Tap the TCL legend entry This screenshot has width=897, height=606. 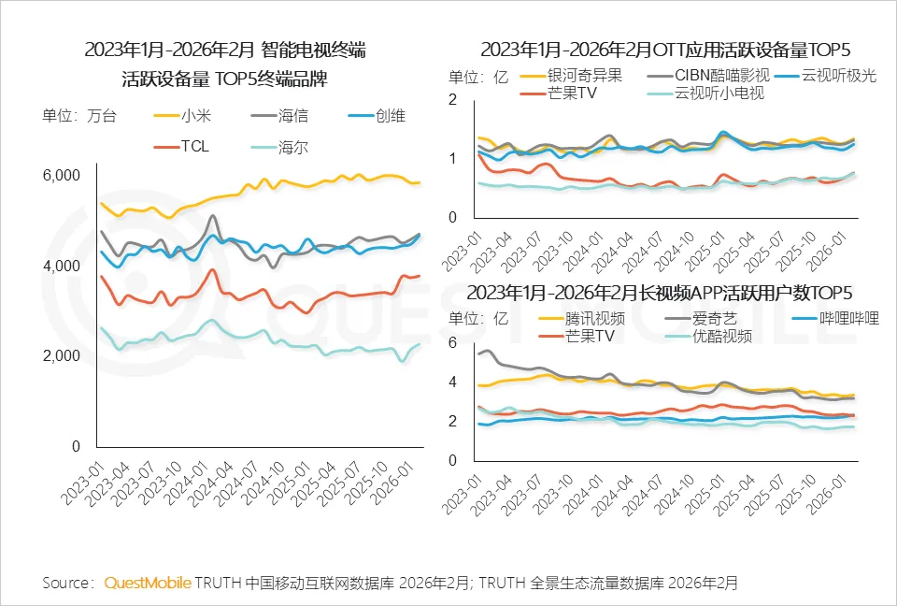193,146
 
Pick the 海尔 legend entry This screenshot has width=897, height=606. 292,146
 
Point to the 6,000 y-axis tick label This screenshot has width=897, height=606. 64,175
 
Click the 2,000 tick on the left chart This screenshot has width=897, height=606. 64,356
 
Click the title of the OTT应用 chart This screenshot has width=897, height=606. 665,49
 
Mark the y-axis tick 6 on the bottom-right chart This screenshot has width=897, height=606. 453,343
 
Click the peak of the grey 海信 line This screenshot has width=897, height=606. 214,217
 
